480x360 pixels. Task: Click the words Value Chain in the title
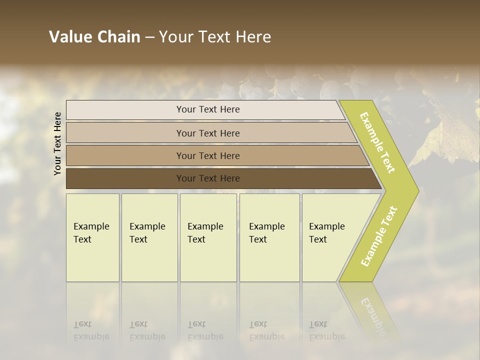coord(94,37)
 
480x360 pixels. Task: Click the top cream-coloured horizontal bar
coord(125,110)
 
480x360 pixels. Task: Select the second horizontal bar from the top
coord(125,133)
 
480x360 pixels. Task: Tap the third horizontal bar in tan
coord(125,155)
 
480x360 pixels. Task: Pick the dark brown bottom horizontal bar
coord(125,178)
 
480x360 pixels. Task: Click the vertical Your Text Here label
coord(58,143)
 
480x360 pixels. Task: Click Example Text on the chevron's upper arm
coord(377,142)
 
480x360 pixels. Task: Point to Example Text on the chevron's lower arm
coord(379,236)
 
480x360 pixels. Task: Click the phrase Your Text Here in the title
coord(215,37)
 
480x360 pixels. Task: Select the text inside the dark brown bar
coord(208,178)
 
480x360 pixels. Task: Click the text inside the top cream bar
coord(208,109)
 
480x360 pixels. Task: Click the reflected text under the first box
coord(91,330)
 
